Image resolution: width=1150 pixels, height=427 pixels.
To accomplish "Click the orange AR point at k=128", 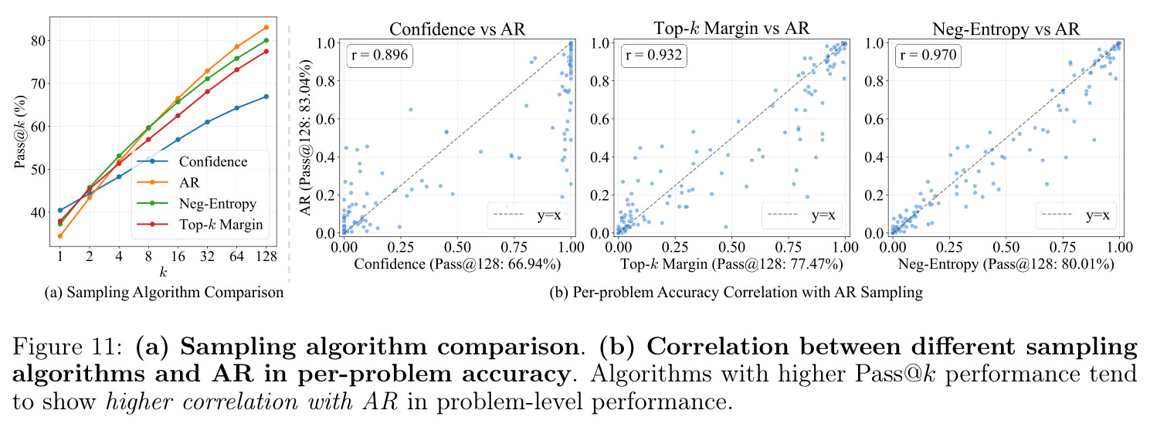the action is pos(266,27).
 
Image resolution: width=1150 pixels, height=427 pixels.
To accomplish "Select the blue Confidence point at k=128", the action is pos(266,97).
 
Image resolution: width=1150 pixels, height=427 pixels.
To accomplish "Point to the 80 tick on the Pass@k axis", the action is pos(39,41).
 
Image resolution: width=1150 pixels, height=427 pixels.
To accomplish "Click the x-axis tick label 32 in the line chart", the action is pos(207,256).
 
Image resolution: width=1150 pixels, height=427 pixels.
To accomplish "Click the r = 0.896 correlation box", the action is pos(379,55).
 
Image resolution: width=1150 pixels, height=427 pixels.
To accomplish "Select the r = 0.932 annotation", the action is pos(653,55).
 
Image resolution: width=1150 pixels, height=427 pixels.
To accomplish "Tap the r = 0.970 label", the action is pos(928,55).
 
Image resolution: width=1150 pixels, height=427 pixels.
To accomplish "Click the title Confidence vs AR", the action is pos(457,29).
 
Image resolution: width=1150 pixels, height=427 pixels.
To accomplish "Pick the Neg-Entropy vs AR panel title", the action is pos(1006,29).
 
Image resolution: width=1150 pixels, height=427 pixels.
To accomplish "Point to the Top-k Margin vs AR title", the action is pos(731,28).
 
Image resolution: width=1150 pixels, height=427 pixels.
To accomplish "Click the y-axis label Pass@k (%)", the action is pos(20,132).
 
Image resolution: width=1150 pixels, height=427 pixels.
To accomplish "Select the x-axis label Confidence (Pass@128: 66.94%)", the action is pos(457,264).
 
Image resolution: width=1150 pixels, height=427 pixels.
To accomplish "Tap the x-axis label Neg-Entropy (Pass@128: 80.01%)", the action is pos(1006,264).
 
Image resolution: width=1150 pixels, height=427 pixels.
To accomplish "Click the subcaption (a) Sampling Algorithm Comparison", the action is pos(164,292).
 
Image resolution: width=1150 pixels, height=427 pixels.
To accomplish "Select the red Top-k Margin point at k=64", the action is pos(236,69).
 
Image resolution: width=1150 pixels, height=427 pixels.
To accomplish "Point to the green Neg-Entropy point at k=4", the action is pos(119,156).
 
